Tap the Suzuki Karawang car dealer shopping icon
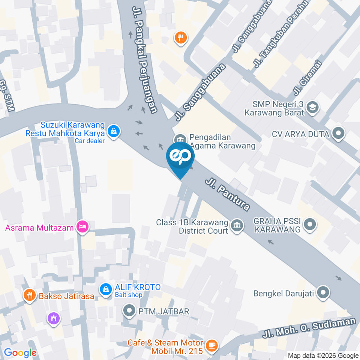[113, 131]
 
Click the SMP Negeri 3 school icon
[312, 108]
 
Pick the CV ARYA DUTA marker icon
[339, 133]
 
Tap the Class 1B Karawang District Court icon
[237, 226]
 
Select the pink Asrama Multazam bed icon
[82, 226]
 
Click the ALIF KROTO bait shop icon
[106, 289]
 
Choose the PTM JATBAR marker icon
[130, 310]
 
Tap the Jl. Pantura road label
[227, 195]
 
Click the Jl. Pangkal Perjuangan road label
[144, 59]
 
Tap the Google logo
[20, 352]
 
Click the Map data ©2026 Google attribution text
[323, 355]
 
